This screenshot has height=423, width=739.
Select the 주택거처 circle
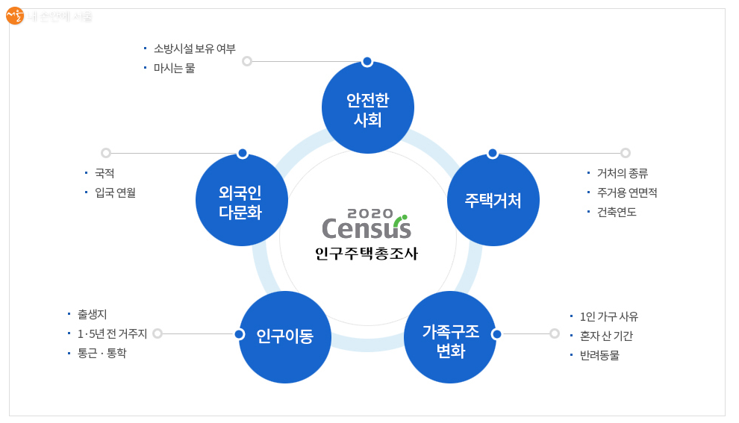click(493, 200)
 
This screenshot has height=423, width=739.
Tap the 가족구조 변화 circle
click(450, 338)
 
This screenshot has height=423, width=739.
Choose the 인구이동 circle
click(284, 336)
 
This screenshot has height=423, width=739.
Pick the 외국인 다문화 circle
click(241, 200)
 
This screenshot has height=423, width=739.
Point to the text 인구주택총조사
click(367, 254)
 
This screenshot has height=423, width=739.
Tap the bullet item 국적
click(105, 173)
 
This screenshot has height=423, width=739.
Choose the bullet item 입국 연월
click(115, 192)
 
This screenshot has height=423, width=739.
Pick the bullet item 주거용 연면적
click(626, 192)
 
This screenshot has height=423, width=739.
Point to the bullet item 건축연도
click(616, 212)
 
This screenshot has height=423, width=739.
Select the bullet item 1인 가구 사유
click(608, 316)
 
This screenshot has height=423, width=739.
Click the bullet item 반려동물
click(599, 355)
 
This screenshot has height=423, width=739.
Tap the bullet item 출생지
click(93, 314)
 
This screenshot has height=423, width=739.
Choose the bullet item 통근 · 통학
click(102, 353)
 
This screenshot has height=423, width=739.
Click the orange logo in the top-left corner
click(15, 15)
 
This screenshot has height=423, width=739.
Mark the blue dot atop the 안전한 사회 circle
click(367, 61)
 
